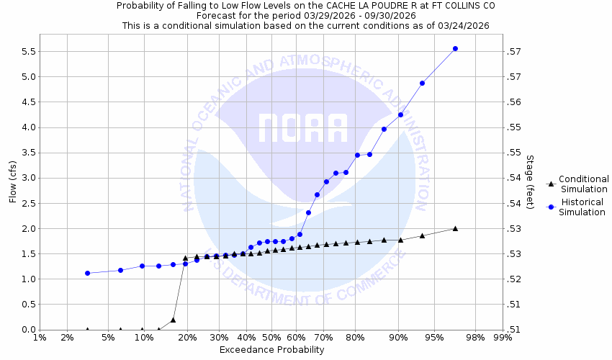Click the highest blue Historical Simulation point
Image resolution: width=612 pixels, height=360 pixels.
tap(455, 48)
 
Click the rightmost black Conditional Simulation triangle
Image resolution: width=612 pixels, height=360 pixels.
tap(455, 228)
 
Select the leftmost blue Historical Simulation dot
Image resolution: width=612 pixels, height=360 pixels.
tap(87, 273)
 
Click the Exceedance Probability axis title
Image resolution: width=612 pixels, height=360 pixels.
tap(271, 350)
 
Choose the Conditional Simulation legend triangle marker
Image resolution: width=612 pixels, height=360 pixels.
tap(550, 184)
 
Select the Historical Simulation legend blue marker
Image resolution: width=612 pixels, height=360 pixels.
tap(550, 207)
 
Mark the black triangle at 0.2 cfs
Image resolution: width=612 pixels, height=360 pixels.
tap(173, 320)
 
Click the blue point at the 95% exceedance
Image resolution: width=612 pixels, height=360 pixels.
tap(422, 83)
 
